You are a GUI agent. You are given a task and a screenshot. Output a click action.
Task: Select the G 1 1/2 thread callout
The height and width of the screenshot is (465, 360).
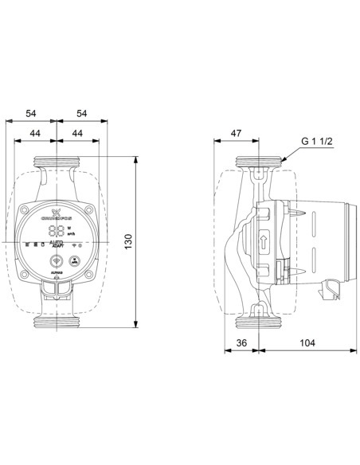(316, 143)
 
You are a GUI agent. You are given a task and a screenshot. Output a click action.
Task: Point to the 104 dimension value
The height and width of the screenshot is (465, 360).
(307, 343)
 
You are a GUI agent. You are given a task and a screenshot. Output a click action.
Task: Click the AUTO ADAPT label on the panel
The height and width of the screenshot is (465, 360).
(57, 245)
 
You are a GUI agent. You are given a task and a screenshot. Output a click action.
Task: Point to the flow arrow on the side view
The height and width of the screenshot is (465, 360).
(264, 240)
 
